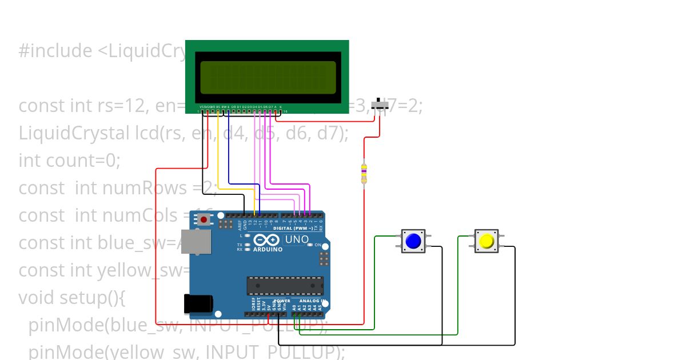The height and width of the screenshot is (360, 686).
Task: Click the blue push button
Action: [x=413, y=241]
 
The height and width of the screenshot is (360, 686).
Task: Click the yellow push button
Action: [x=486, y=241]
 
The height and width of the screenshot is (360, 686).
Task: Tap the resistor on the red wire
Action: [x=364, y=174]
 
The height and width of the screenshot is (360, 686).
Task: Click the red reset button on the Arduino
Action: [x=204, y=219]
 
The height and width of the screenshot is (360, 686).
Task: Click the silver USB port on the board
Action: [x=195, y=241]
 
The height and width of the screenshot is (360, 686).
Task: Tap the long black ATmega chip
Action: [x=285, y=285]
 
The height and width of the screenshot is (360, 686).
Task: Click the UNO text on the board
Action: [x=296, y=239]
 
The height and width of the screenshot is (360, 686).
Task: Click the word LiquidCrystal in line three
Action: [x=74, y=133]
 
